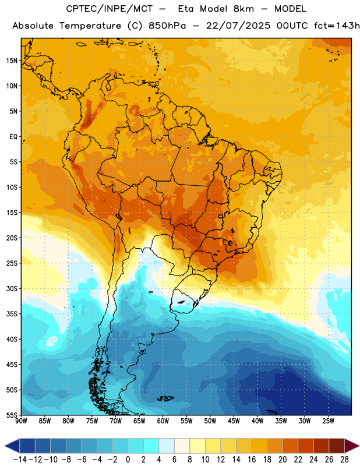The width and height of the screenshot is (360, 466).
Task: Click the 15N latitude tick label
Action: click(x=12, y=61)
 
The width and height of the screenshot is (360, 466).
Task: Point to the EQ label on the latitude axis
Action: click(x=13, y=137)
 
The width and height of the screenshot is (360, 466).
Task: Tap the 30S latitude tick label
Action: click(x=12, y=288)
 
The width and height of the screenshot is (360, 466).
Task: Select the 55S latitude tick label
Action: click(x=12, y=415)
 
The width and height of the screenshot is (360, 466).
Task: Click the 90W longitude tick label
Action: click(x=21, y=421)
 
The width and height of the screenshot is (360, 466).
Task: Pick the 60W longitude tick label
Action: click(x=163, y=421)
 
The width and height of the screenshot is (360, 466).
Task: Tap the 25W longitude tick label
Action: click(x=328, y=421)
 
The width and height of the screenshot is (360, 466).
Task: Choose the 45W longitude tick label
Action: click(x=234, y=421)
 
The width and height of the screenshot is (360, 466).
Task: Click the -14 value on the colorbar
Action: click(x=20, y=460)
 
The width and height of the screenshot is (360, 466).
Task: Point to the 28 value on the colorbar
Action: click(x=344, y=460)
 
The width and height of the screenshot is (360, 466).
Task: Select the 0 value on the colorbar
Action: click(x=128, y=460)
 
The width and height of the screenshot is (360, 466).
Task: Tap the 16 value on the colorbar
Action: click(x=252, y=460)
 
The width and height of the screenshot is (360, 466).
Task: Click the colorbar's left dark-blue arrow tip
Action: click(x=5, y=446)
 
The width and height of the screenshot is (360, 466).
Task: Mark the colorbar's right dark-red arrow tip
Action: click(x=359, y=446)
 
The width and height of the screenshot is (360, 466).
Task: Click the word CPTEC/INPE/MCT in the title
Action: click(x=109, y=9)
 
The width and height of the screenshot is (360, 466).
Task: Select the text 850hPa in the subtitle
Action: click(x=167, y=26)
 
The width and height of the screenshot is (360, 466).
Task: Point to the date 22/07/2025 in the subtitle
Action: click(x=238, y=26)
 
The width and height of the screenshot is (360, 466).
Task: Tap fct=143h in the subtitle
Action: click(x=337, y=26)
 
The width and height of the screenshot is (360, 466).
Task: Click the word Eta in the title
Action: click(x=186, y=9)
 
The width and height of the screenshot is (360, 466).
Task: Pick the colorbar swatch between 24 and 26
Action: click(x=322, y=446)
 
